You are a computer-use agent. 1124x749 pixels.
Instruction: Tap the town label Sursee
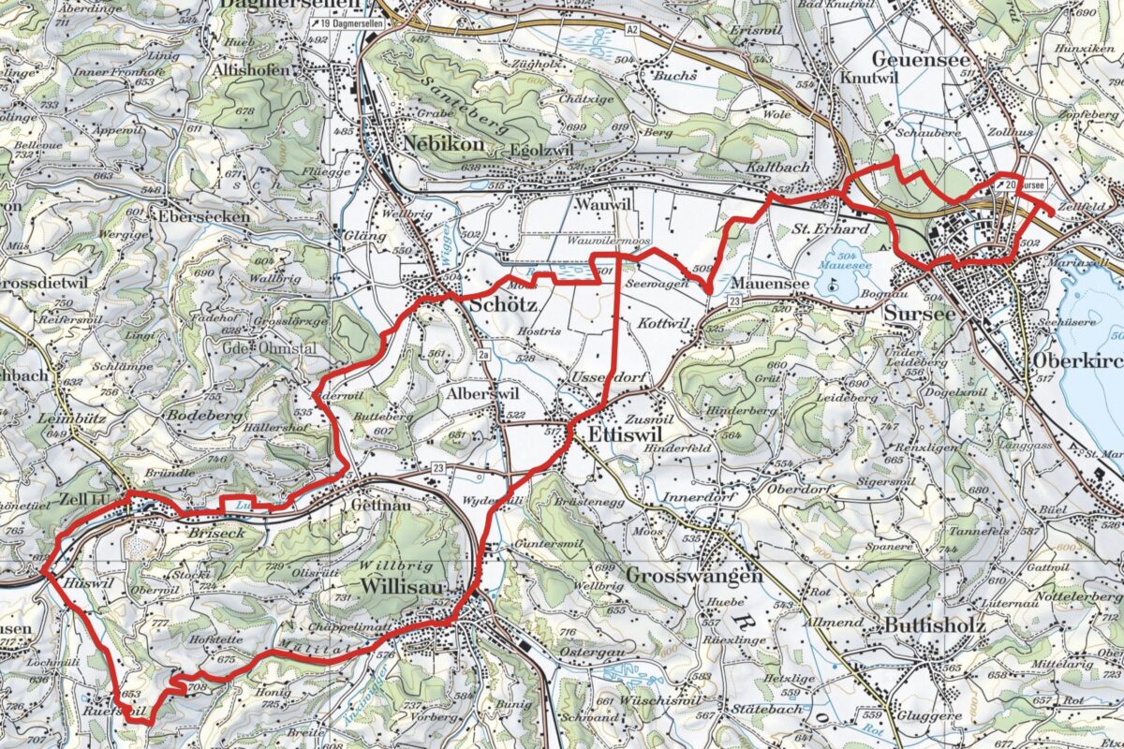(x=919, y=314)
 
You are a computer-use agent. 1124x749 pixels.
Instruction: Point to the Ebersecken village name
(x=203, y=215)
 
